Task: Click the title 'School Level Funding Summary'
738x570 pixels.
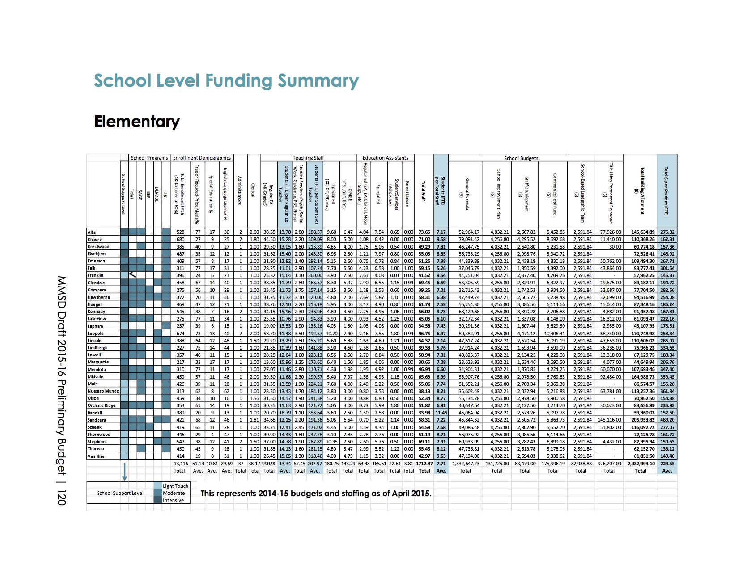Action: (x=226, y=81)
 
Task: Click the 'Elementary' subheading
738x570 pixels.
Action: (x=137, y=122)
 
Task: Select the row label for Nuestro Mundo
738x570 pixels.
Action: (x=103, y=391)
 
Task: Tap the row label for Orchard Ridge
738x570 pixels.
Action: (x=102, y=405)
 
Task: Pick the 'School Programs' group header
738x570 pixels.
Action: (x=149, y=158)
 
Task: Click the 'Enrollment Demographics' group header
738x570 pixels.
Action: (x=202, y=158)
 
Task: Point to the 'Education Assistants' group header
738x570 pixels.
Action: (x=385, y=158)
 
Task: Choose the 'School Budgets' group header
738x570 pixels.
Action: (x=521, y=158)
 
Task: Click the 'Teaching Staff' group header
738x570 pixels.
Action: (x=308, y=158)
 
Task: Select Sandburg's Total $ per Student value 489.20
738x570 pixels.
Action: (x=667, y=420)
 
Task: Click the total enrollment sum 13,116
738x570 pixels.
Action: (x=181, y=464)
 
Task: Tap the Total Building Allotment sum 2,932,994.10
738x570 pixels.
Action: (x=641, y=464)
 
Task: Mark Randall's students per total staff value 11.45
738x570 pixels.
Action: (x=441, y=413)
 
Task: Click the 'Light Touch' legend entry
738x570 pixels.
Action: (x=175, y=486)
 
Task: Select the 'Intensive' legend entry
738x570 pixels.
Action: (x=173, y=500)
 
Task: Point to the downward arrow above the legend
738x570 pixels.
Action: (x=125, y=472)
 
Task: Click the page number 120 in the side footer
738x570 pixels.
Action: (x=61, y=498)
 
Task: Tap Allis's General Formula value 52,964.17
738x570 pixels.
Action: (x=469, y=232)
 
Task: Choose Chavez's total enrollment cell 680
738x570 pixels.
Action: (x=181, y=239)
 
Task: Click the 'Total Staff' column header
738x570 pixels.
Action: (x=423, y=191)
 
